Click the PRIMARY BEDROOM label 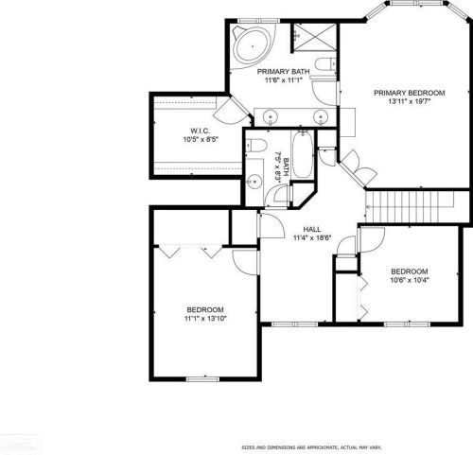[x=410, y=93]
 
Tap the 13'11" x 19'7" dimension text [x=410, y=101]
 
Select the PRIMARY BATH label [x=283, y=72]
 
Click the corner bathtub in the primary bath [x=253, y=46]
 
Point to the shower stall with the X [x=314, y=37]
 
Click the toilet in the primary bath [x=325, y=64]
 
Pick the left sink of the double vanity [x=271, y=116]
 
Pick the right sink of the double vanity [x=321, y=116]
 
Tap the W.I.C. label [x=201, y=131]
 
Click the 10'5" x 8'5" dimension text [x=201, y=139]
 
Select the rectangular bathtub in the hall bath [x=303, y=155]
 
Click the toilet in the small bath [x=256, y=146]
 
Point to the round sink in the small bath [x=254, y=182]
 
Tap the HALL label [x=312, y=229]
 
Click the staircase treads [x=410, y=206]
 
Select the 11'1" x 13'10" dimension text [x=205, y=319]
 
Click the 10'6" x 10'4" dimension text [x=410, y=280]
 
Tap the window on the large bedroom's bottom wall [x=202, y=379]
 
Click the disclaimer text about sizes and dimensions [x=311, y=447]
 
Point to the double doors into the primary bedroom [x=359, y=166]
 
